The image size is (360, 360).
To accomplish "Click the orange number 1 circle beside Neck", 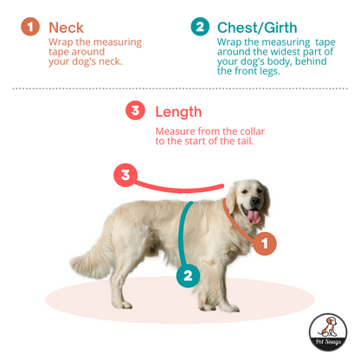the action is tap(30, 27).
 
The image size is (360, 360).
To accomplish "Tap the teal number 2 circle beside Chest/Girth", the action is tap(200, 27).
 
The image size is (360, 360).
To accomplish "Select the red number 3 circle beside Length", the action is tap(135, 111).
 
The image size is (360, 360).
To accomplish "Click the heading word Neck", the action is tap(66, 28).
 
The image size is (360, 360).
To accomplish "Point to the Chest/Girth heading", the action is tap(257, 28).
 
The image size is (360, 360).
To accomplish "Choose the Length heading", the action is tap(178, 112).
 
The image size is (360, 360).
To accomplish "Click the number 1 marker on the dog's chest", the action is tap(265, 243).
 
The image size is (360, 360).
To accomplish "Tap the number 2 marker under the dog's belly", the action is tap(189, 275).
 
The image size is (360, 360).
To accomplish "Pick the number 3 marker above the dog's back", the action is tap(125, 175).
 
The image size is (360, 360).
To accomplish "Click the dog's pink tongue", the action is tap(254, 216).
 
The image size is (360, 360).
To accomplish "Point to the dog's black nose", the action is tap(255, 201).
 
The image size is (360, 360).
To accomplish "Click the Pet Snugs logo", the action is tap(328, 332).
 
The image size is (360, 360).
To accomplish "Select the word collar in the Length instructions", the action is tap(252, 132).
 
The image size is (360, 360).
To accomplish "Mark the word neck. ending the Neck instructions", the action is tap(111, 61).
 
